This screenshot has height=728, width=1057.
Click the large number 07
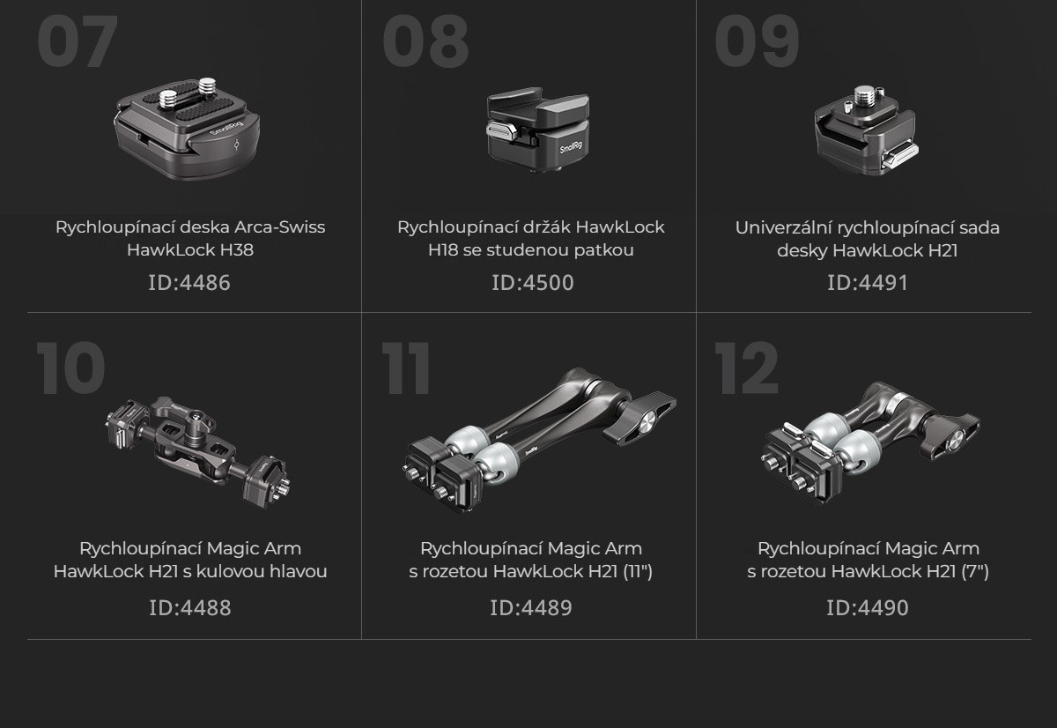[77, 41]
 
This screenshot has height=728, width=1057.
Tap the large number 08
[425, 41]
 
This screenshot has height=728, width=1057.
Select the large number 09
[757, 41]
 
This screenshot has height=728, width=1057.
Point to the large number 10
[70, 368]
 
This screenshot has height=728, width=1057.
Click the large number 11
[406, 368]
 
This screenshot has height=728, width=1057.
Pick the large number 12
[747, 368]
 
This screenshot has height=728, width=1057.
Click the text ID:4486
[189, 282]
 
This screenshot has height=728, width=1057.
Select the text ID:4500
[533, 282]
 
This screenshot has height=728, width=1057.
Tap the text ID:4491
[868, 282]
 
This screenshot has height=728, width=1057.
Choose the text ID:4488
[190, 607]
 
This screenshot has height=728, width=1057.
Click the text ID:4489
[531, 607]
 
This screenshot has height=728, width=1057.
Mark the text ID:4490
[868, 607]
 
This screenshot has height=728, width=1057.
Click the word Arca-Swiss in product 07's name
[280, 227]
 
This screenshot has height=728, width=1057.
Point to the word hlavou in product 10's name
[298, 571]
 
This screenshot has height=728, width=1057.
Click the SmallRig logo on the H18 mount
[571, 148]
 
